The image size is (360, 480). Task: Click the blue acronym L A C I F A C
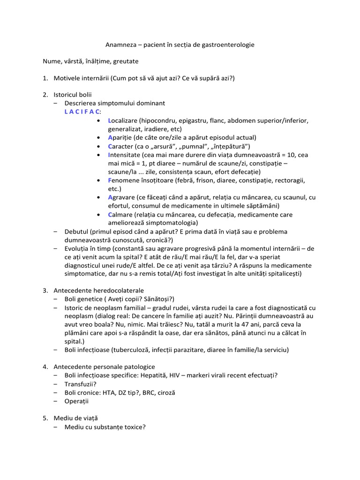click(x=82, y=112)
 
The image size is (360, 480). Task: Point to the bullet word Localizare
click(x=124, y=120)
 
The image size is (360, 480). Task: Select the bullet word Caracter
click(x=121, y=146)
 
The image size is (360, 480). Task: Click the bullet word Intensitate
click(x=125, y=154)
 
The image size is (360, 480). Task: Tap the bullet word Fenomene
click(x=123, y=180)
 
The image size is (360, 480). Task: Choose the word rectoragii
click(x=290, y=180)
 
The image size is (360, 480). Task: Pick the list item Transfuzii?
click(x=81, y=383)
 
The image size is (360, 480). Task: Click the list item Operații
click(x=77, y=401)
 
